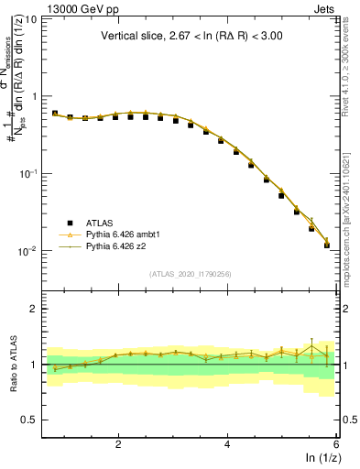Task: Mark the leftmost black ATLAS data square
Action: click(55, 114)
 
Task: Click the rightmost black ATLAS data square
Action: click(327, 245)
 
